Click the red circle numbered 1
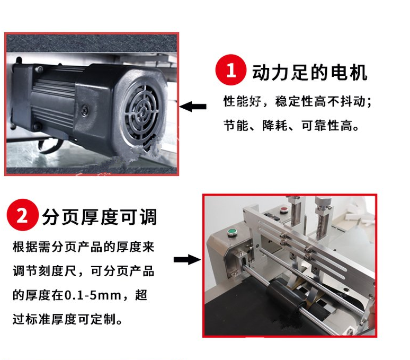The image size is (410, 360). coord(230,70)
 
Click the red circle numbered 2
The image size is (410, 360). coord(22,215)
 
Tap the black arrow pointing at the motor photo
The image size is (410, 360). coord(193,107)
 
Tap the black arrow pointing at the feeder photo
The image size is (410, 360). coord(187,260)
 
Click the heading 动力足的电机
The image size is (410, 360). coord(309,72)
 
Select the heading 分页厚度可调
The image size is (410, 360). coord(100,217)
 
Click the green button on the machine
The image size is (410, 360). coord(231,232)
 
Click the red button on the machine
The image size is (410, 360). coord(283,209)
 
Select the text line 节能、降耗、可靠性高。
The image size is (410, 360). coord(291,126)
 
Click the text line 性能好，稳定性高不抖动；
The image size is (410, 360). coord(297,101)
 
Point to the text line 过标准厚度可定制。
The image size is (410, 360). coord(67,319)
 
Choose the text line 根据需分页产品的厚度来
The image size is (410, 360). coord(83,247)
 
